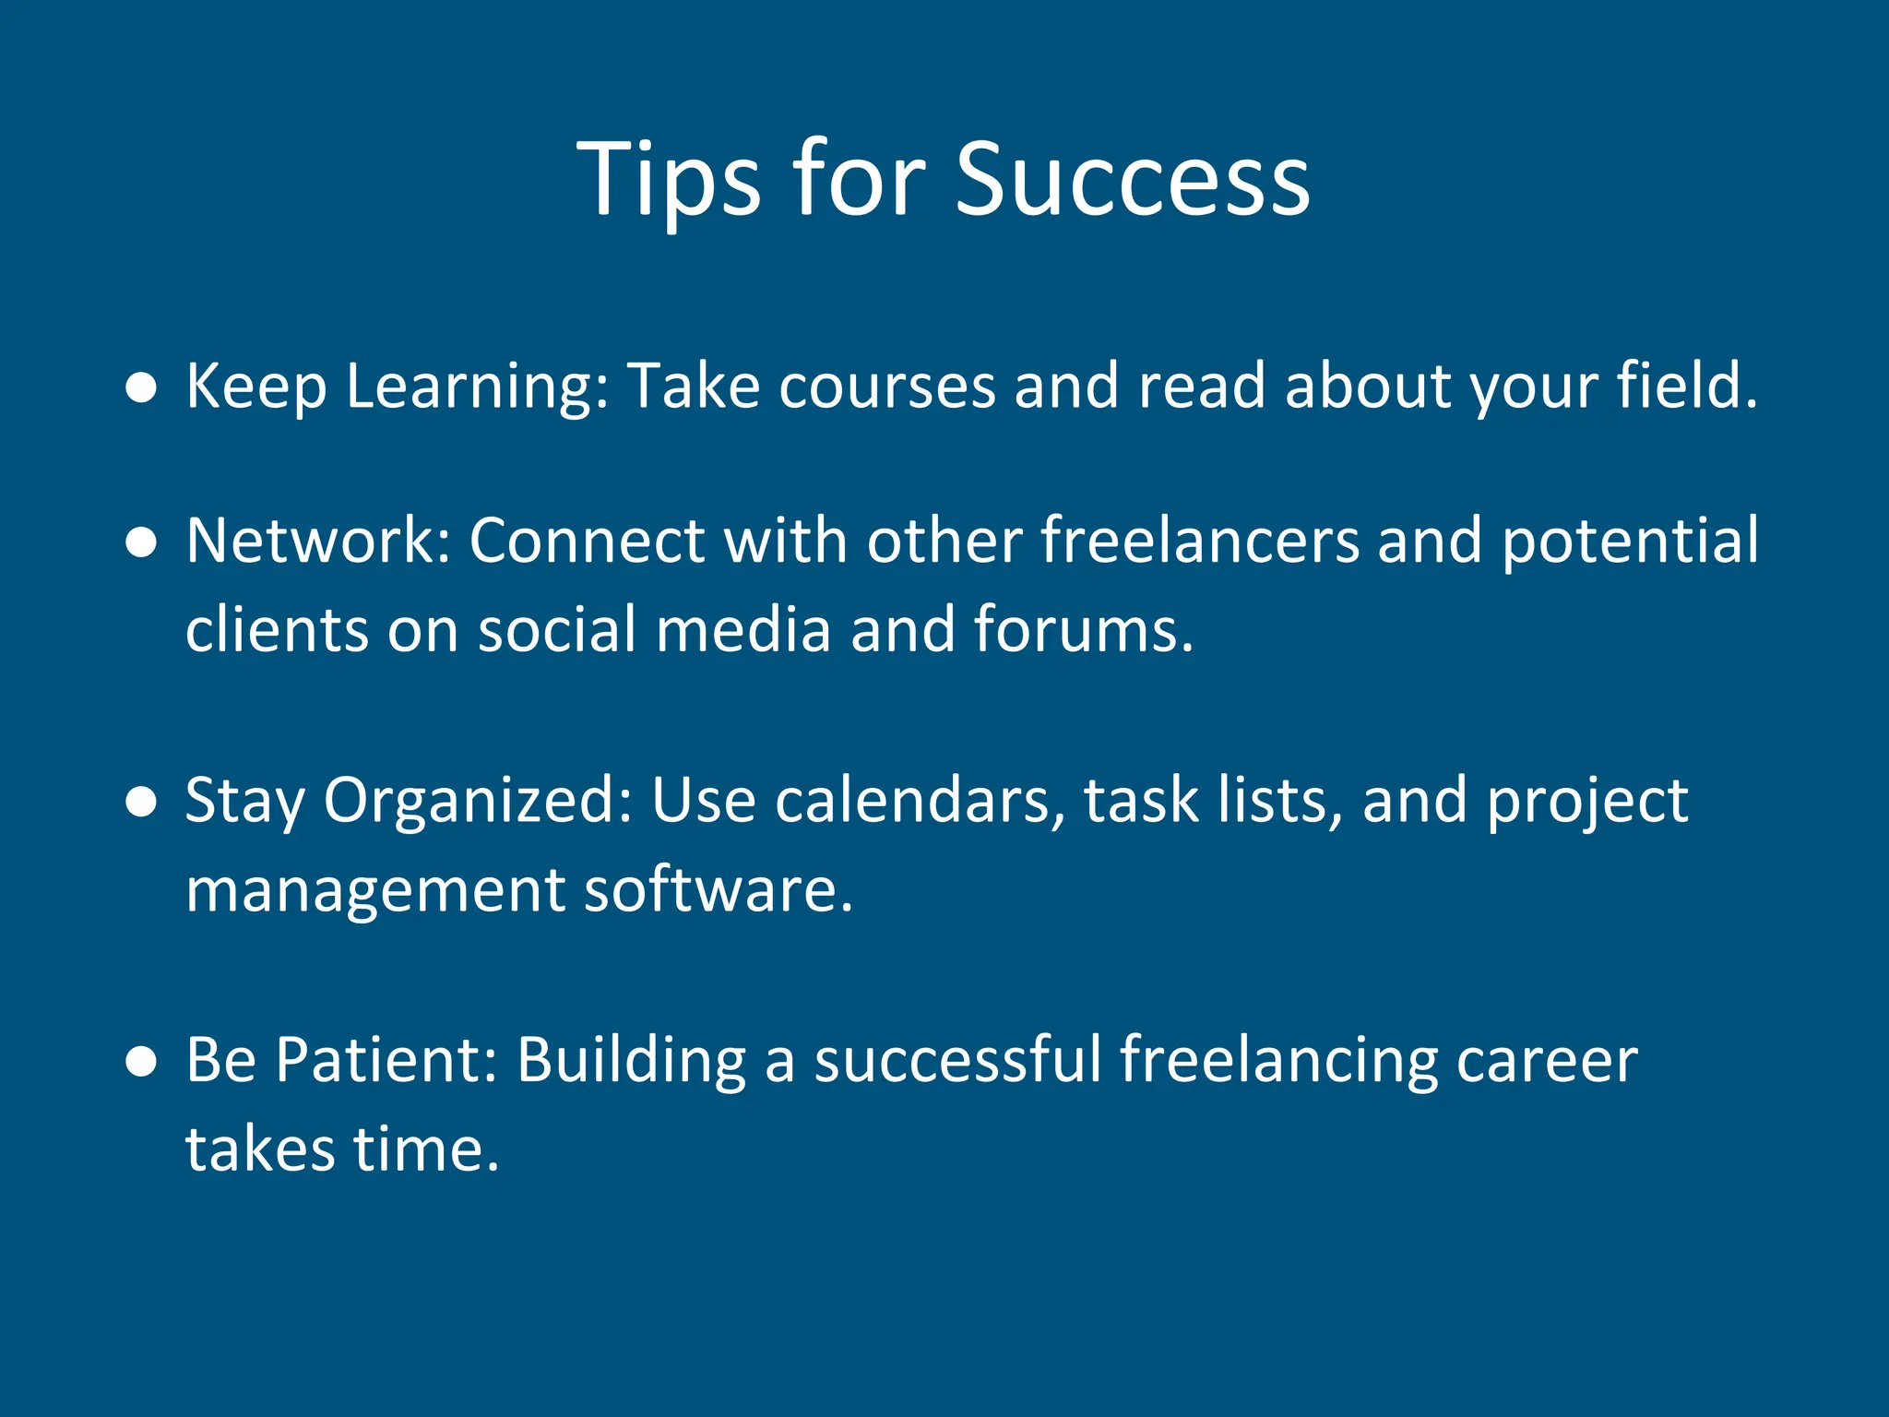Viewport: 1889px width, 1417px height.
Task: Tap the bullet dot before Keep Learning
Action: click(x=141, y=388)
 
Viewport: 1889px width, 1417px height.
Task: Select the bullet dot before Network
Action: click(x=141, y=543)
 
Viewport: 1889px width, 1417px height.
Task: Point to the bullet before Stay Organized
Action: click(x=141, y=803)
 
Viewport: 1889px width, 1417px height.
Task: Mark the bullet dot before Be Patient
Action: click(x=141, y=1062)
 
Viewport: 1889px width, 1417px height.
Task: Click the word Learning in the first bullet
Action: click(x=477, y=386)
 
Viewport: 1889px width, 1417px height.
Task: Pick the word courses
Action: click(x=886, y=386)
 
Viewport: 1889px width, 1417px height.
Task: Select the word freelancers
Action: click(x=1200, y=541)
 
